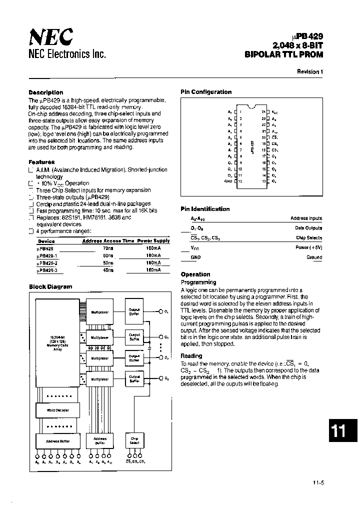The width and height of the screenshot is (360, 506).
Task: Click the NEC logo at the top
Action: pyautogui.click(x=51, y=37)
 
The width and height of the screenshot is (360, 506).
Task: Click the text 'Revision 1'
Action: pyautogui.click(x=310, y=71)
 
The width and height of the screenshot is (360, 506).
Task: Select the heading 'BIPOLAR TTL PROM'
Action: pyautogui.click(x=284, y=54)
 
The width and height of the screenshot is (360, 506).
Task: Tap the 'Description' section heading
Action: pyautogui.click(x=46, y=92)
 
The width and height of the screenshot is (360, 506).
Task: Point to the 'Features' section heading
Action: pyautogui.click(x=42, y=162)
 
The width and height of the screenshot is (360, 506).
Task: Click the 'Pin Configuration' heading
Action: pyautogui.click(x=206, y=92)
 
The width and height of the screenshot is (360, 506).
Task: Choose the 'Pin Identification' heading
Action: pyautogui.click(x=205, y=209)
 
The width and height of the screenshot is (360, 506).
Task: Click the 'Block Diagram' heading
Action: pyautogui.click(x=50, y=286)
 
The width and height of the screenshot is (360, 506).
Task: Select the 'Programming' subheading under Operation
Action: pyautogui.click(x=198, y=282)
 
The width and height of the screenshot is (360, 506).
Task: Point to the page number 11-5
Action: pyautogui.click(x=319, y=482)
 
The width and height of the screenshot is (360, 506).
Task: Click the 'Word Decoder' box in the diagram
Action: pyautogui.click(x=57, y=410)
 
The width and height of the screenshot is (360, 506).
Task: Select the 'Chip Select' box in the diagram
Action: pyautogui.click(x=134, y=440)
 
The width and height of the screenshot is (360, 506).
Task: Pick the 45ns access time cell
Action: pyautogui.click(x=107, y=270)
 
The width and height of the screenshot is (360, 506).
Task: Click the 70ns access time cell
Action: pyautogui.click(x=107, y=247)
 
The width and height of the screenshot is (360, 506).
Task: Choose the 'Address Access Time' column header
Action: pyautogui.click(x=108, y=241)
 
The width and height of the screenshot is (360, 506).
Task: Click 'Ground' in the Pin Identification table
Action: pyautogui.click(x=314, y=257)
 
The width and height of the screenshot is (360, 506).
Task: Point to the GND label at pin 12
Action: pyautogui.click(x=229, y=181)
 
